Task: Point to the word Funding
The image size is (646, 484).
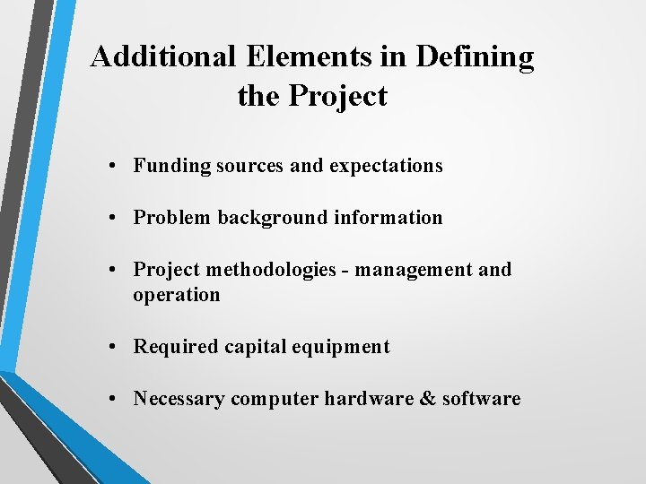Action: [x=172, y=166]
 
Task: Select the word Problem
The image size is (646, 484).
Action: [x=172, y=218]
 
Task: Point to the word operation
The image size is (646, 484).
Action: [x=176, y=295]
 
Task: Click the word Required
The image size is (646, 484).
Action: [x=175, y=347]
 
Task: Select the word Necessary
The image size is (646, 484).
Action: [x=179, y=399]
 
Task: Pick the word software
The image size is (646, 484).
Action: [x=482, y=399]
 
